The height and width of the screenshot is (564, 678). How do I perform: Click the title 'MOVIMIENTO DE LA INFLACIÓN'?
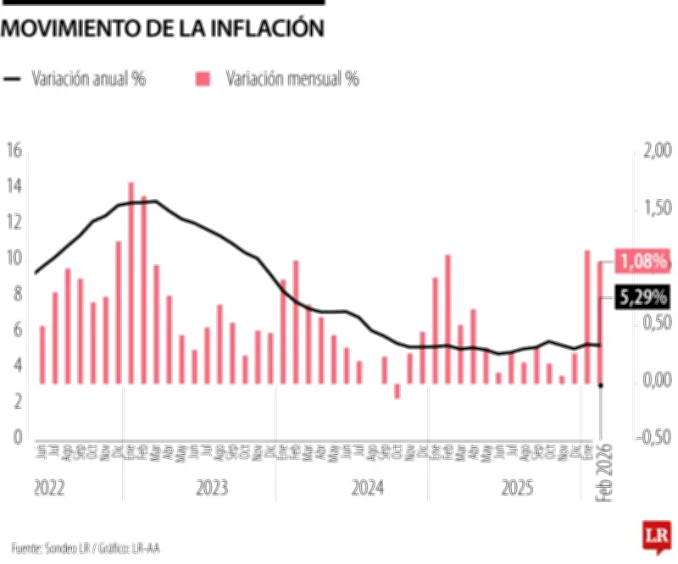coord(163,28)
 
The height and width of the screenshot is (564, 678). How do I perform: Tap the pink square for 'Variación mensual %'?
coord(203,79)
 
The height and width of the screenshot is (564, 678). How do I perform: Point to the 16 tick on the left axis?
coord(13,151)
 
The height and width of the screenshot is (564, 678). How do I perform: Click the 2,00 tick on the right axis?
coord(657,151)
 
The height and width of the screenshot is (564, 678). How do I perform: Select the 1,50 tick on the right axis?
coord(657,208)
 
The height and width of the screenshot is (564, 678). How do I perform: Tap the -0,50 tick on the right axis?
coord(655,438)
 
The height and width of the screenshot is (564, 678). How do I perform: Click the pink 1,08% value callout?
coord(642,261)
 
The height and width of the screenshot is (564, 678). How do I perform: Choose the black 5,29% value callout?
coord(642,297)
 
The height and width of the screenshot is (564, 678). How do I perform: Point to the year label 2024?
coord(368,489)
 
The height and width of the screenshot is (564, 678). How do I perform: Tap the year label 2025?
coord(518,489)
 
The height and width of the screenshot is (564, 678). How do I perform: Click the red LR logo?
coord(654,536)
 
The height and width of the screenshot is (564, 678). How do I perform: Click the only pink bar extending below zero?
coord(397,391)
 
